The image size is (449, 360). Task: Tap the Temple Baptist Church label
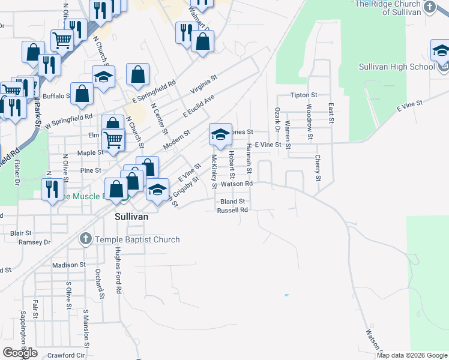click(x=137, y=239)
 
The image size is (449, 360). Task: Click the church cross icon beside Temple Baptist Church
click(x=85, y=239)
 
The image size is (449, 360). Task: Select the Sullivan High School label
click(x=397, y=67)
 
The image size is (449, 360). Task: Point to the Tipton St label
click(x=303, y=95)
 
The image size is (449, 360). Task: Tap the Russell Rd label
click(x=232, y=211)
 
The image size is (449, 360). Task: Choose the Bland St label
click(x=233, y=202)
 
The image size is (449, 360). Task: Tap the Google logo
click(x=20, y=353)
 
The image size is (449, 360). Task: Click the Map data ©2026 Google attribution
click(x=412, y=355)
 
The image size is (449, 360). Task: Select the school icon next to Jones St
click(x=220, y=135)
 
